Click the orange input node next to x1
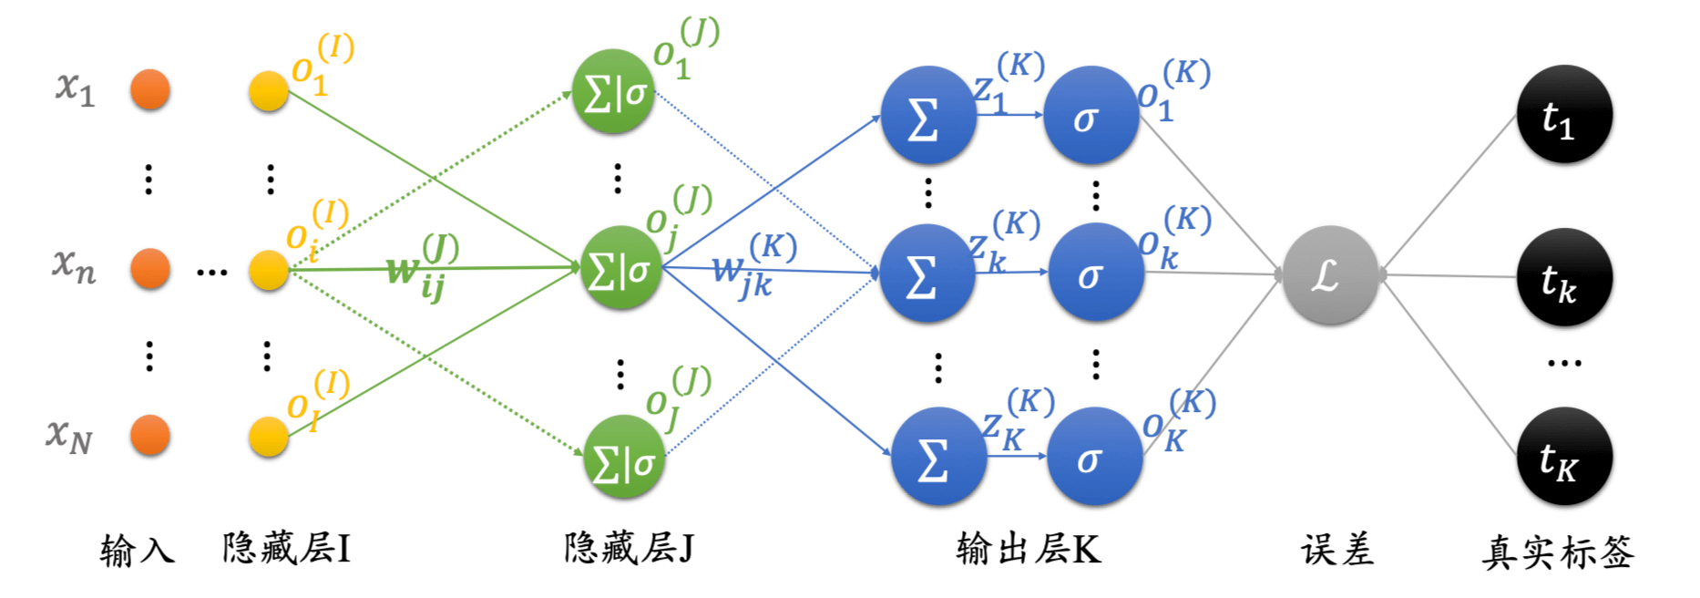[150, 89]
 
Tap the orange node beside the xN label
[150, 435]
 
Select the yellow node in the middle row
[269, 270]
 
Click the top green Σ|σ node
[613, 91]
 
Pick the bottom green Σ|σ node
[624, 457]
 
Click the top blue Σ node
[927, 116]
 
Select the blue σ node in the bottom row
[1093, 457]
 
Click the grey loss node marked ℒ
[1329, 274]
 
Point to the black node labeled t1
[1563, 115]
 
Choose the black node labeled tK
[1563, 457]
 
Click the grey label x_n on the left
[74, 265]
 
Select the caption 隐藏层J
[629, 549]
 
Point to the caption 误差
[1336, 551]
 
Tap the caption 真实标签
[1558, 552]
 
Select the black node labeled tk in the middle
[1563, 278]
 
